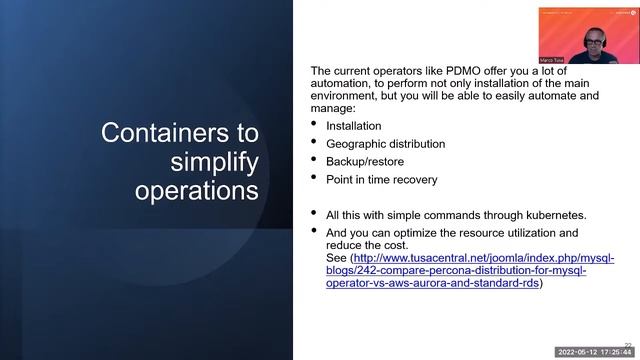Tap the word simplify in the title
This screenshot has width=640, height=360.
pos(215,162)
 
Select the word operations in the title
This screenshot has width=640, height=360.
pos(197,191)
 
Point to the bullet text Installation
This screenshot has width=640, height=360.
pos(355,126)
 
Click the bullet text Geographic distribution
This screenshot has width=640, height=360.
pos(386,144)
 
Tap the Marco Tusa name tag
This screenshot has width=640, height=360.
pos(554,60)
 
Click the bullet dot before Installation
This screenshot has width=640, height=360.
pos(315,125)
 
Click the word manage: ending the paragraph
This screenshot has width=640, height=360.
pos(334,109)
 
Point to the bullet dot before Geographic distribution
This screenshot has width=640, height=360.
pos(315,143)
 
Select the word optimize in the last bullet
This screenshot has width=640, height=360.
pos(422,233)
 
